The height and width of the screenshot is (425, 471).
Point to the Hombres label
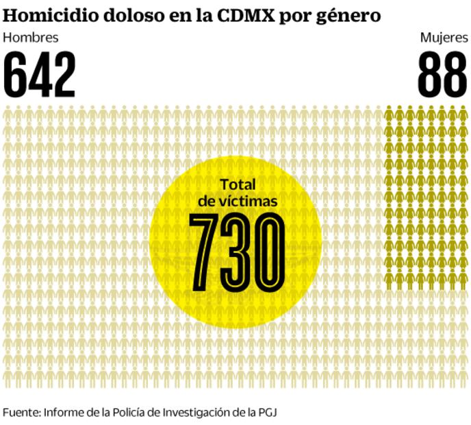(x=31, y=38)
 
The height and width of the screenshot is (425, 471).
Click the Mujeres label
(x=444, y=38)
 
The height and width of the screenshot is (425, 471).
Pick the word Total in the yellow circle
(x=237, y=184)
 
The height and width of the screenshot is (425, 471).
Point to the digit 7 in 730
(x=203, y=252)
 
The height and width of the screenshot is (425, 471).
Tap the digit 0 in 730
(x=268, y=252)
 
